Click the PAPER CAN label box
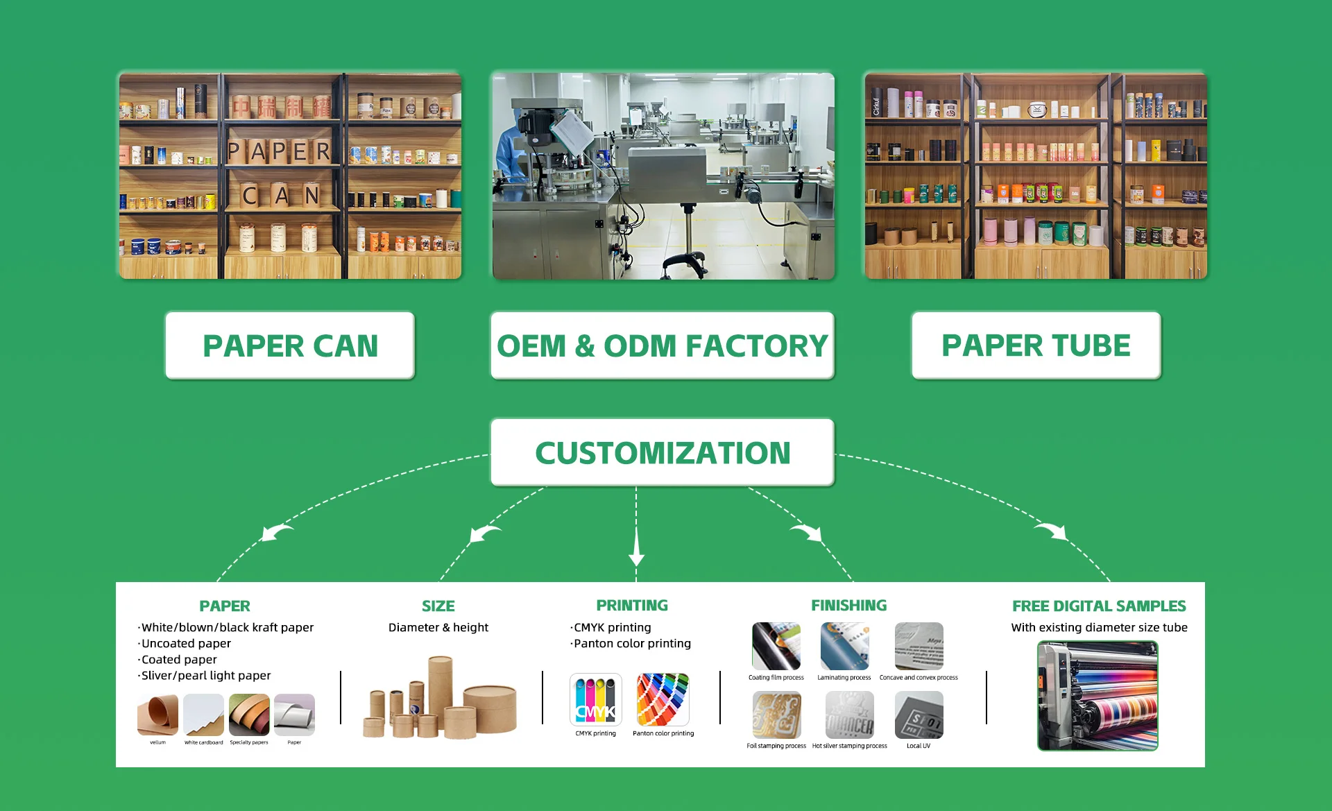290,345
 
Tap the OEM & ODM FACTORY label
662,345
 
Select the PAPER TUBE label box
1036,345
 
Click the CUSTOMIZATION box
662,452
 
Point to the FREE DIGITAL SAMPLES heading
1099,606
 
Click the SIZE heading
438,606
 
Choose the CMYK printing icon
595,699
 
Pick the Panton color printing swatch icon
663,699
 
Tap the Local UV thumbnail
919,715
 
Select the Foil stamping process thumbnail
776,715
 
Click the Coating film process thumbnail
776,646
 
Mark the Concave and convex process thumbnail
919,646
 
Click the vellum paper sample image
157,715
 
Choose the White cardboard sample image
203,715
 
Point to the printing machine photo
1098,696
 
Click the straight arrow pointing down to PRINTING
636,548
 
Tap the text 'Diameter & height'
438,627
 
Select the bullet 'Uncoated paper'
186,643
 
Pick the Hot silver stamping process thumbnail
849,715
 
